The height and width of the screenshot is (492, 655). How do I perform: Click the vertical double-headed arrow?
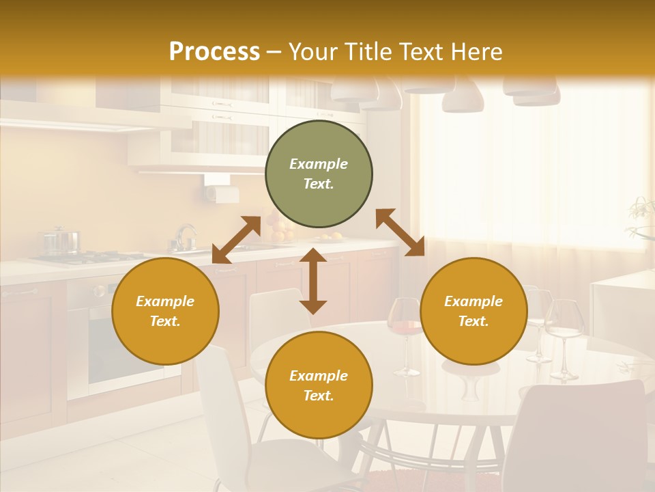[x=313, y=281]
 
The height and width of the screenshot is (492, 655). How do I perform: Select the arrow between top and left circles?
[x=236, y=240]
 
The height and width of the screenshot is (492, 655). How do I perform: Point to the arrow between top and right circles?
[x=400, y=232]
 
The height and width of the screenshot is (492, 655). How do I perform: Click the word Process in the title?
[x=214, y=51]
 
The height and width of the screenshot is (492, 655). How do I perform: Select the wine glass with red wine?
[x=405, y=328]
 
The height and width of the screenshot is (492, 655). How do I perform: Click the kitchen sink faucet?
[x=184, y=236]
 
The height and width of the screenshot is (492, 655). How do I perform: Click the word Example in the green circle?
[x=319, y=164]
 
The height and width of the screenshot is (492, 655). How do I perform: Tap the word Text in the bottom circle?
[x=319, y=396]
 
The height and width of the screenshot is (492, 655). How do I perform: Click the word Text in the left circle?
[x=165, y=321]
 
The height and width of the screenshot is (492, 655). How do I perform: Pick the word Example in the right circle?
[x=474, y=301]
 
